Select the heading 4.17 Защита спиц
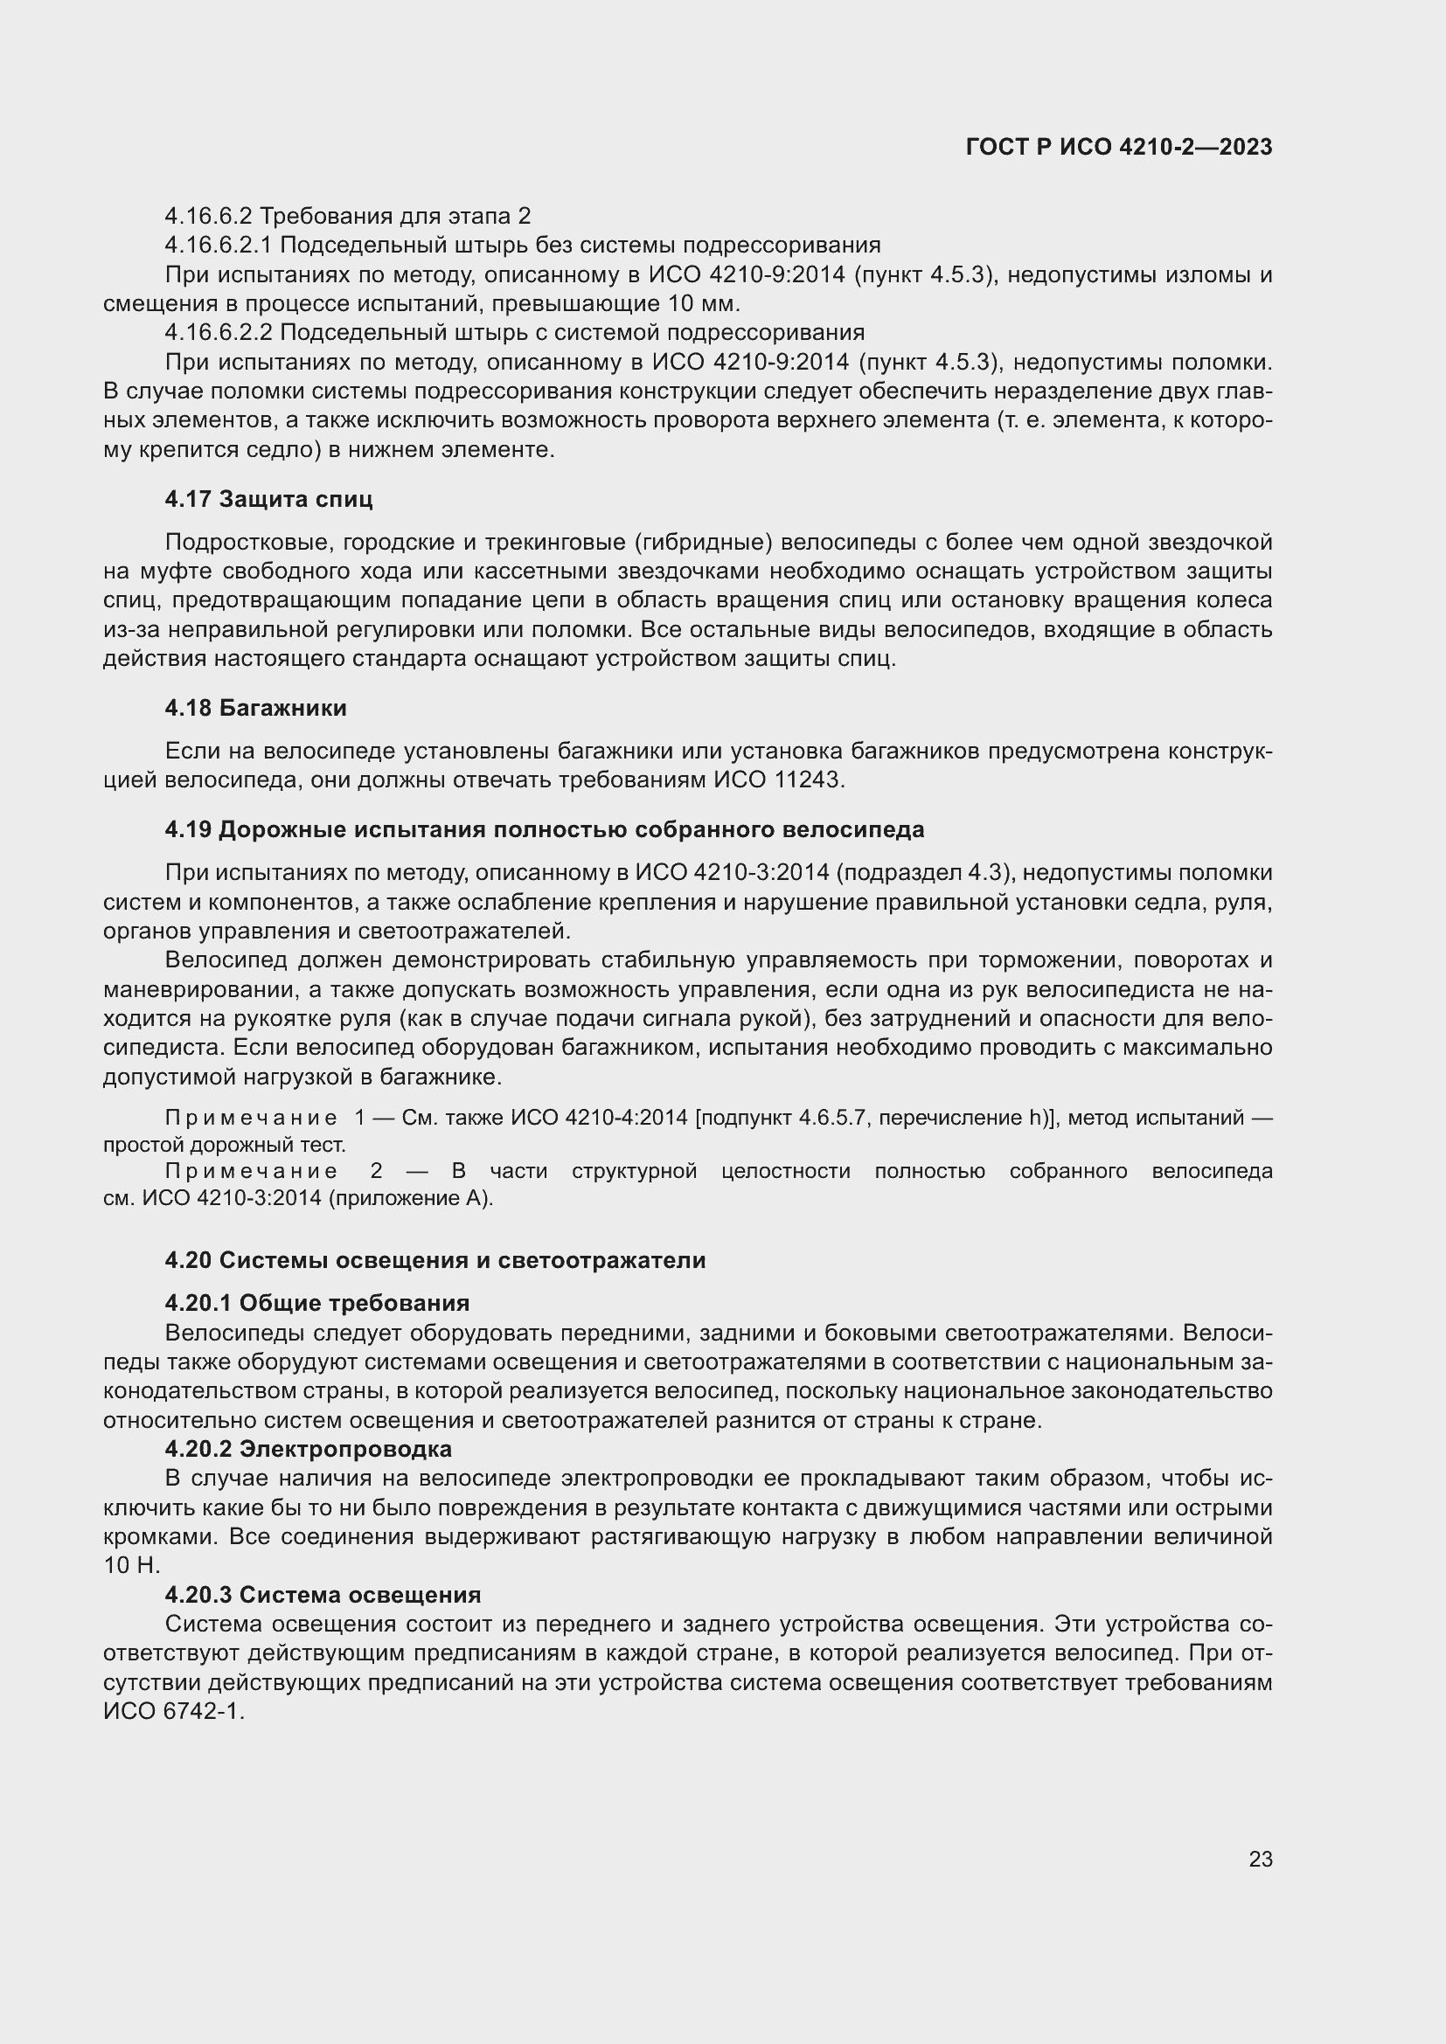pos(268,500)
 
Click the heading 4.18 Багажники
pos(255,709)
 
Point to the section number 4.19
pos(188,829)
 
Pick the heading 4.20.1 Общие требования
pos(317,1303)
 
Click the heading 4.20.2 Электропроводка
pos(308,1449)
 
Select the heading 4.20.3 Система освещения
pos(323,1595)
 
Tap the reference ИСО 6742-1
pos(173,1711)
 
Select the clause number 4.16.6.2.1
pos(219,245)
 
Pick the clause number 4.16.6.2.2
pos(219,332)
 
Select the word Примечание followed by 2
pos(251,1172)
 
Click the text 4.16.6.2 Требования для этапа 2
pos(347,217)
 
